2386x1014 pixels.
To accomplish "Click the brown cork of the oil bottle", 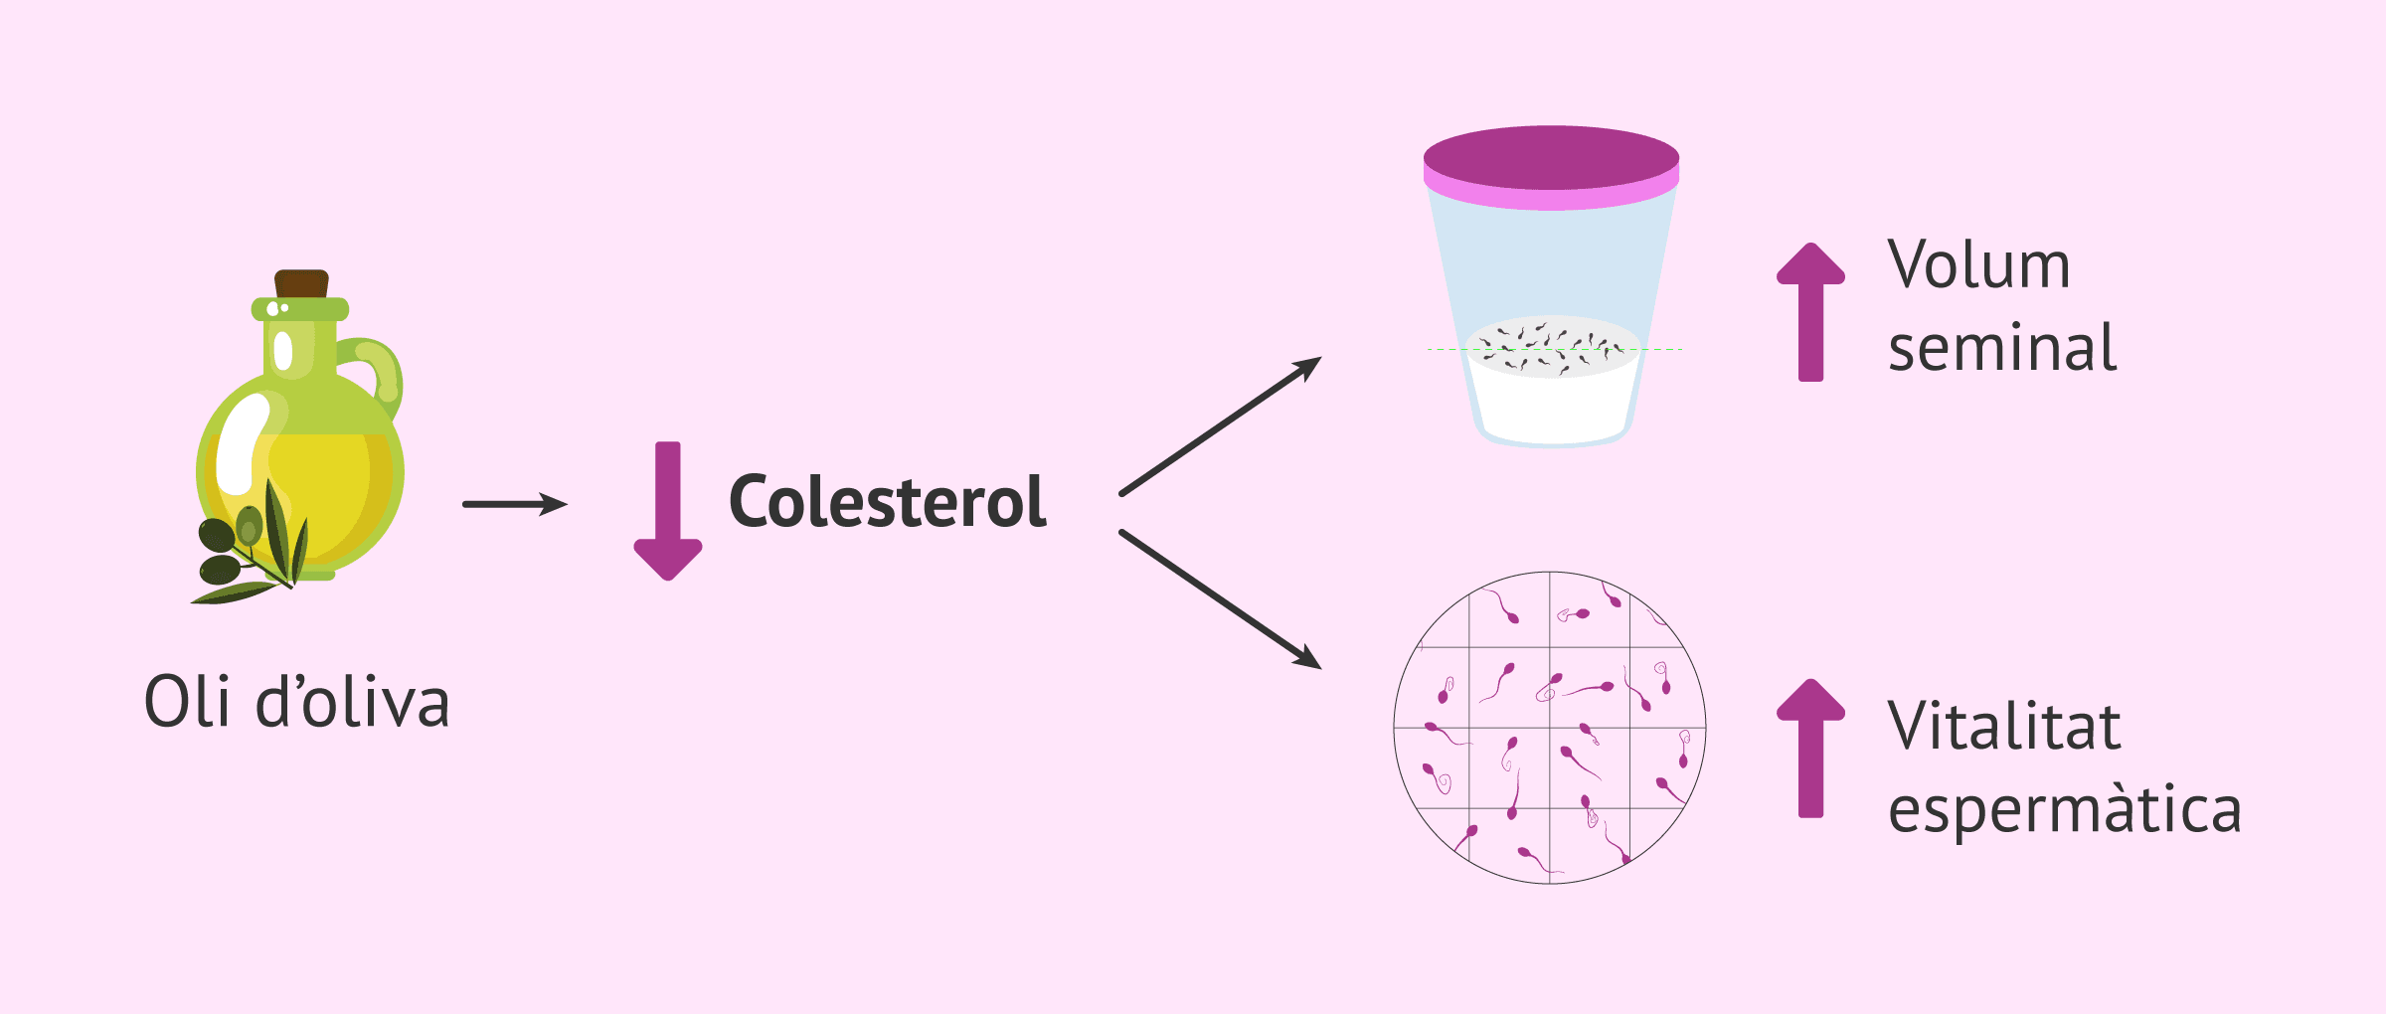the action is pyautogui.click(x=301, y=283).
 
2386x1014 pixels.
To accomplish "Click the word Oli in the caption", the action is pyautogui.click(x=187, y=701).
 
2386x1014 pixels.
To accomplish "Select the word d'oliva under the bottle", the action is pyautogui.click(x=353, y=701).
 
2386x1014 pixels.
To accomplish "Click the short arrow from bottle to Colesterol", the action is pyautogui.click(x=515, y=504).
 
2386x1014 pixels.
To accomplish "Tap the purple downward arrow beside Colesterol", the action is pyautogui.click(x=668, y=511).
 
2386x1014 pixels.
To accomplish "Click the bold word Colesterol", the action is pyautogui.click(x=888, y=501).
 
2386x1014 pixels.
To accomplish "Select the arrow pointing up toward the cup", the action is pyautogui.click(x=1221, y=425).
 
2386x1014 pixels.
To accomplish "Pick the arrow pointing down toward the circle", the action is pyautogui.click(x=1221, y=599).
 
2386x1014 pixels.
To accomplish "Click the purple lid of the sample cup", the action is pyautogui.click(x=1551, y=167).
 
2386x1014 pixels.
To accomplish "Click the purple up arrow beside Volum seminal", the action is pyautogui.click(x=1811, y=312).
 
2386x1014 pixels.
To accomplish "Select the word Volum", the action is pyautogui.click(x=1978, y=264).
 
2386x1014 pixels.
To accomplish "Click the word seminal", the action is pyautogui.click(x=2002, y=347).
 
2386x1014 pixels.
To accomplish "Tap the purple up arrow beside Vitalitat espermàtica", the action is pyautogui.click(x=1811, y=749).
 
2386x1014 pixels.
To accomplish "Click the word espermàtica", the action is pyautogui.click(x=2065, y=808).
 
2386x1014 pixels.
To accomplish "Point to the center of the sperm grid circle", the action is pyautogui.click(x=1550, y=728).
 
